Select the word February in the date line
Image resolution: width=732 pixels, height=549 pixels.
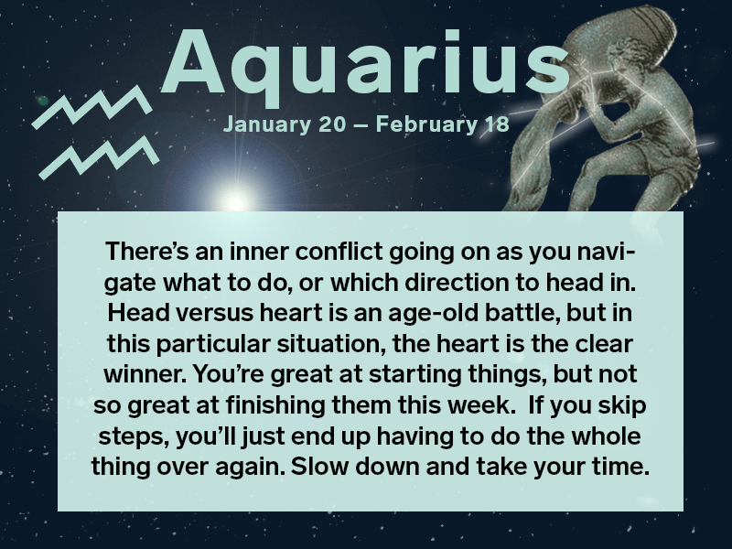click(424, 124)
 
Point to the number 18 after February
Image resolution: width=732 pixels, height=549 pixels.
click(495, 124)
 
